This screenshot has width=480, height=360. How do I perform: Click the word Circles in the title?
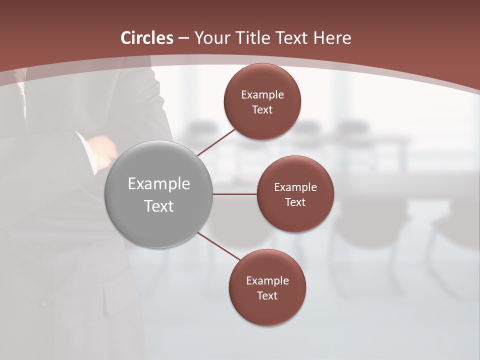(x=147, y=38)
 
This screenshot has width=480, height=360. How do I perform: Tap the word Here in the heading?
(x=332, y=38)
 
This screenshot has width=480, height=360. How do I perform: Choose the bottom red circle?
(x=267, y=310)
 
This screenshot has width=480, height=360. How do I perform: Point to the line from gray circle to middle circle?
(x=235, y=194)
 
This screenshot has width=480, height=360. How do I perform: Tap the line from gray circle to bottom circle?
(x=219, y=246)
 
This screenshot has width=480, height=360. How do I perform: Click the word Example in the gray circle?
(x=159, y=184)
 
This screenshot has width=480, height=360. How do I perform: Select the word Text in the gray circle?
(x=159, y=206)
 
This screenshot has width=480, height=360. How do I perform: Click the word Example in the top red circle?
(x=262, y=94)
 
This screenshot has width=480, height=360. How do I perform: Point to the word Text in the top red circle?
(x=262, y=109)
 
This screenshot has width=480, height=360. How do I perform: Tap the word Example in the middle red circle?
(x=295, y=187)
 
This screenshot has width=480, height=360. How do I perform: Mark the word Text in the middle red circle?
(x=295, y=202)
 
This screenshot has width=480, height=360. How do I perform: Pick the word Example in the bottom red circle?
(x=267, y=280)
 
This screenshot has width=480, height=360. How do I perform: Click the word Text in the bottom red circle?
(x=267, y=295)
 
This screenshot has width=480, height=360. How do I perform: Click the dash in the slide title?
(x=183, y=38)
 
